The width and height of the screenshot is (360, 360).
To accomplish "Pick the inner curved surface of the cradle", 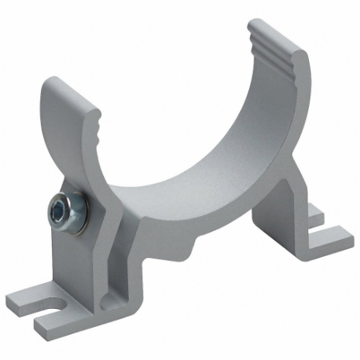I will coord(212,141).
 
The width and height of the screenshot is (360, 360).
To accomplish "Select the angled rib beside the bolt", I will coord(110,228).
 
